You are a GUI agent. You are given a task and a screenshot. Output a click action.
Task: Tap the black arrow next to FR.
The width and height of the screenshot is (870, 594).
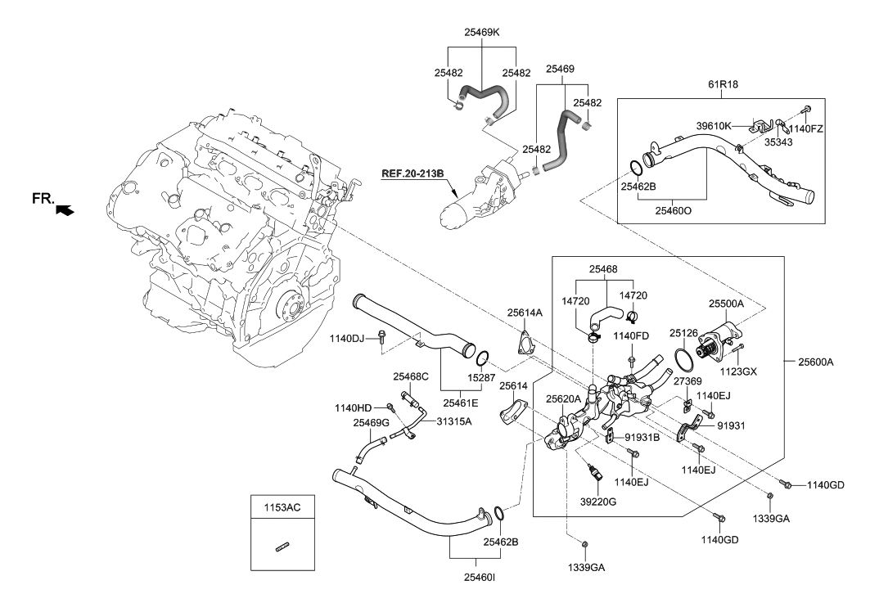point(64,210)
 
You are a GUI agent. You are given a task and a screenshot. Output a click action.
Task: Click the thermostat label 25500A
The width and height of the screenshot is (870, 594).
point(726,303)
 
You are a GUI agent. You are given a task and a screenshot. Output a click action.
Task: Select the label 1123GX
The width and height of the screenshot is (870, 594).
point(739,371)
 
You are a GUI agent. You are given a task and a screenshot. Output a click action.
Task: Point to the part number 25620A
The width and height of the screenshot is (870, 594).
point(564,398)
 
